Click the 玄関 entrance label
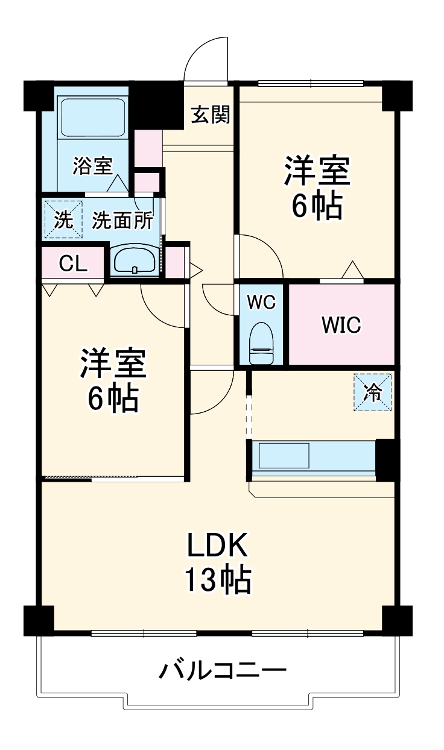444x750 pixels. tap(211, 115)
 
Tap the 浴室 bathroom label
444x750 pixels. tap(92, 165)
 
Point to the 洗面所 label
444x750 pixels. tap(122, 221)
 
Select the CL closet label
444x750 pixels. tap(73, 263)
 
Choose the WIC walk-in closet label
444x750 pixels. tap(341, 326)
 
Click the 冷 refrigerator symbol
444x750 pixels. tap(372, 392)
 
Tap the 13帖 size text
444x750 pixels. tap(217, 580)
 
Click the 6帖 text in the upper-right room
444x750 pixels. tap(317, 207)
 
